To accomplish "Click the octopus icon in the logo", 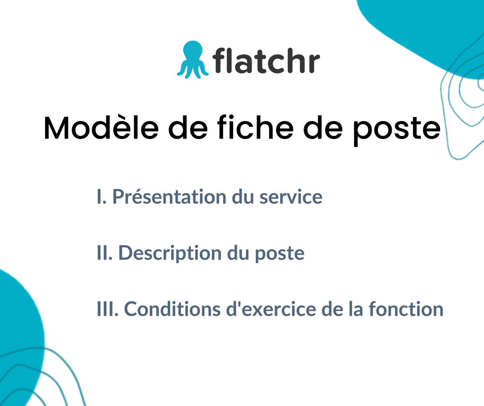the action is [x=193, y=60].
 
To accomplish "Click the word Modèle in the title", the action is [x=101, y=128].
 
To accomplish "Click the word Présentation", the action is [x=169, y=197].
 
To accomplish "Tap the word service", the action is [x=291, y=197].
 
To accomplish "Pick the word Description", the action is [x=170, y=253].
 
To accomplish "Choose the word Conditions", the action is [x=172, y=309].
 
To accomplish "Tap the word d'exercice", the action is [x=271, y=309].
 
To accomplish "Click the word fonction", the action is [x=406, y=309].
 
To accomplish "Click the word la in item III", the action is [x=356, y=309].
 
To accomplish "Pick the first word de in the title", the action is [x=188, y=128].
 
